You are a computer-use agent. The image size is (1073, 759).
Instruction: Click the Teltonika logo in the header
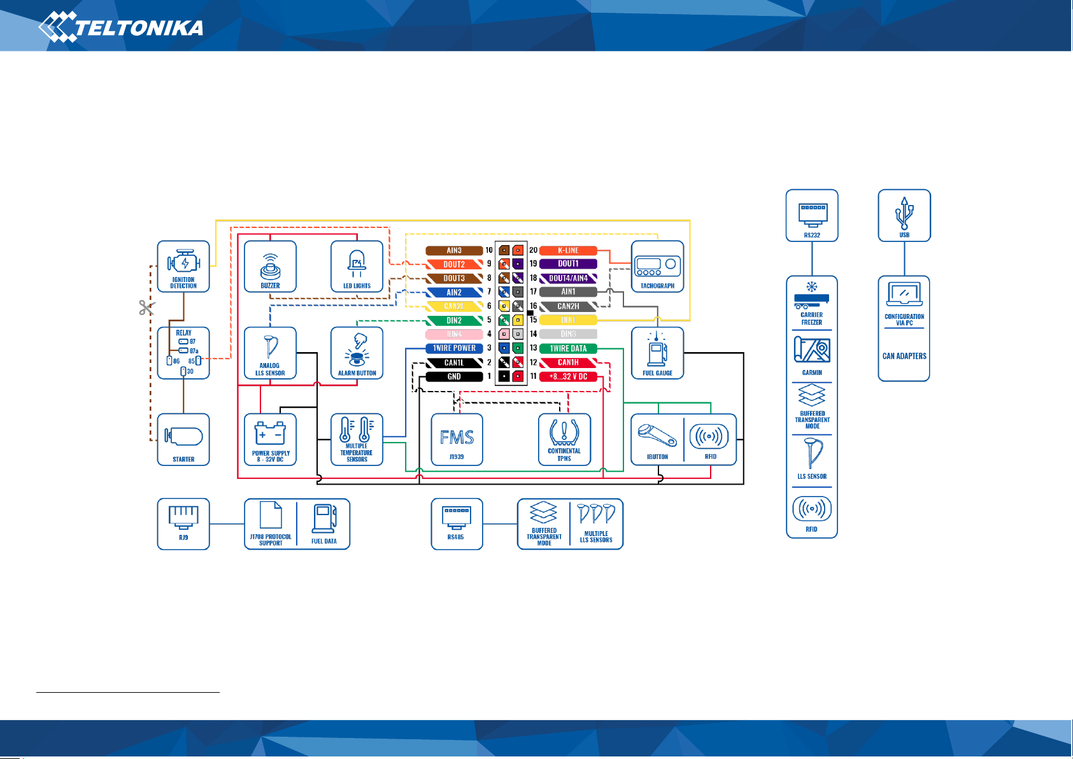coord(121,27)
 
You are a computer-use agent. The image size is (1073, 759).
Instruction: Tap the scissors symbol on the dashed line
coord(146,308)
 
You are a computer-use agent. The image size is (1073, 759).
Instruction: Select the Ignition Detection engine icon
coord(183,262)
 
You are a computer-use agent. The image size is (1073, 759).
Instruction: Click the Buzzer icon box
coord(271,267)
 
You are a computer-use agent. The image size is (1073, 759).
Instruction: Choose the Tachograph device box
coord(657,267)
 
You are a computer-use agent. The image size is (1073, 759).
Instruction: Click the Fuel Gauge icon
coord(657,350)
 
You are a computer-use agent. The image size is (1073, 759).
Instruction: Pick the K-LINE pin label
coord(568,250)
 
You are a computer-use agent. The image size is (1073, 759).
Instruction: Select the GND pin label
coord(454,376)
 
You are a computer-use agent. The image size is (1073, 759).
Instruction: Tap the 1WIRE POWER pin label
coord(454,348)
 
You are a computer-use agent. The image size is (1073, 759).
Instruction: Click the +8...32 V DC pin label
coord(568,376)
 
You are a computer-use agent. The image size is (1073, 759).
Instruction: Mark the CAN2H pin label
coord(568,306)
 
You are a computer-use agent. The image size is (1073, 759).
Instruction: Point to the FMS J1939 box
coord(457,440)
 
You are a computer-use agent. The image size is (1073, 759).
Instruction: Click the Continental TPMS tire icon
coord(564,432)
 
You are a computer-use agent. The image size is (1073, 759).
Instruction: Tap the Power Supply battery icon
coord(270,434)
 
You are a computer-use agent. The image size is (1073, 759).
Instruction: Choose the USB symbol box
coord(904,215)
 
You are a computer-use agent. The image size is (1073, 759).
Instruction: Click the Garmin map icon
coord(812,350)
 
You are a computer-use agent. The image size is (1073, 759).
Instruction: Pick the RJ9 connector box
coord(183,523)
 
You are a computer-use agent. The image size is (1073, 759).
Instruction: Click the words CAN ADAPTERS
coord(904,356)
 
